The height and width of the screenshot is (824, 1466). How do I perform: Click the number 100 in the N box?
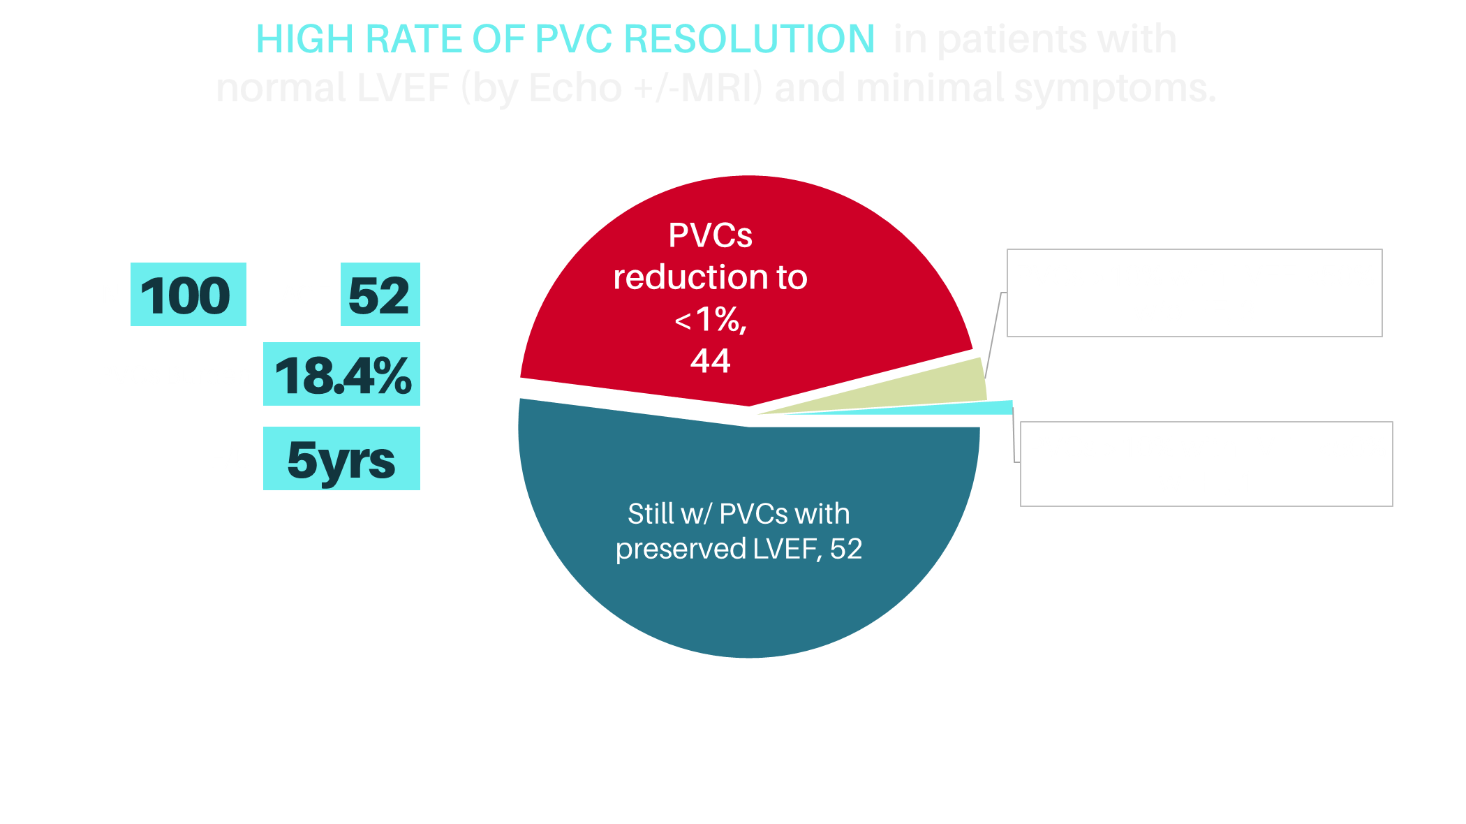pyautogui.click(x=187, y=295)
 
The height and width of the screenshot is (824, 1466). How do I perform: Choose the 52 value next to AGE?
pyautogui.click(x=379, y=295)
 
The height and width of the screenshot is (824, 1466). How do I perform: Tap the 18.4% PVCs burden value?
pyautogui.click(x=342, y=375)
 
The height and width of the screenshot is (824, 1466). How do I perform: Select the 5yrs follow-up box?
pyautogui.click(x=341, y=459)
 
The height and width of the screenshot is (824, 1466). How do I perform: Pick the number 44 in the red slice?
pyautogui.click(x=711, y=361)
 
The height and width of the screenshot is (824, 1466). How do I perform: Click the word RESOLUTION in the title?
pyautogui.click(x=748, y=39)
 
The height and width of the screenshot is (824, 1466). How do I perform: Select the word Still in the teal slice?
pyautogui.click(x=651, y=514)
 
